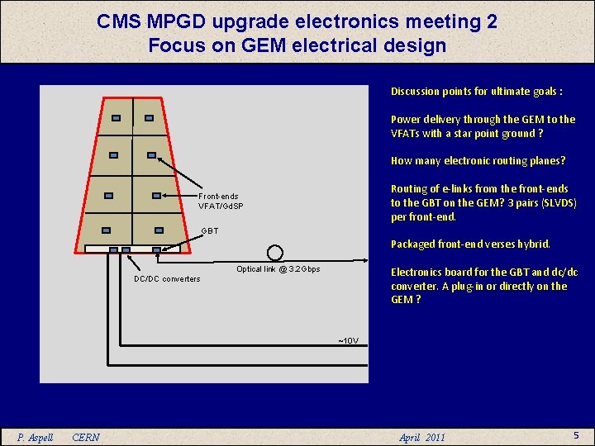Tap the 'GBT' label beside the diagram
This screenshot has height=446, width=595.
(210, 230)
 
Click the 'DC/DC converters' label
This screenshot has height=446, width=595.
(167, 278)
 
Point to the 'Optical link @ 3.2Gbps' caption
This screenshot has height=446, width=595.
(278, 269)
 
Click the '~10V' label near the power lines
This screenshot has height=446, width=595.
(347, 340)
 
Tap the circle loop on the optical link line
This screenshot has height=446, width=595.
(275, 253)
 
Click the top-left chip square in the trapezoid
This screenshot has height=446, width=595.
(117, 119)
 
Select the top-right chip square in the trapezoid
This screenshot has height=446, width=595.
(149, 118)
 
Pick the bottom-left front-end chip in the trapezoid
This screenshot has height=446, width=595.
(105, 230)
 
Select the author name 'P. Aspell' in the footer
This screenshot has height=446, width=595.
(36, 437)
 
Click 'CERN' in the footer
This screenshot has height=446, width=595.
(86, 437)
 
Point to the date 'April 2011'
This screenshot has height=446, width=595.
(421, 437)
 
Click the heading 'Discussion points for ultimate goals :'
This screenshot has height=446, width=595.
(476, 92)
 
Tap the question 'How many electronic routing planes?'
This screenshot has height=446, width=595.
(478, 161)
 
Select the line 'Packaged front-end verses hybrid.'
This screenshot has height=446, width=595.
(470, 244)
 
